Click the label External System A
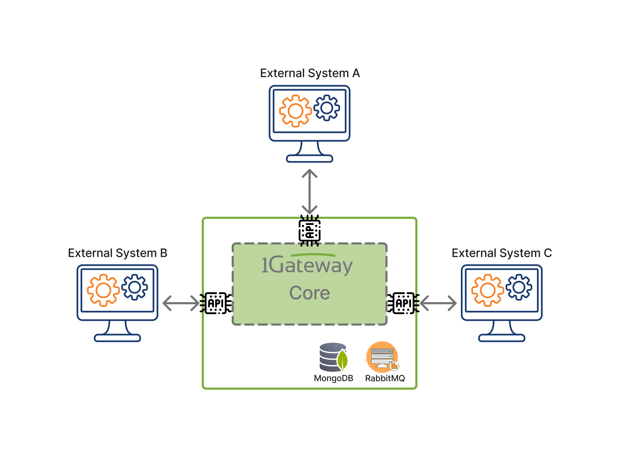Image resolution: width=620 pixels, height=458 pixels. (310, 73)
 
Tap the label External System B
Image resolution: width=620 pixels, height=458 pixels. (117, 253)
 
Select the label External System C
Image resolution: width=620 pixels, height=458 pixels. (502, 253)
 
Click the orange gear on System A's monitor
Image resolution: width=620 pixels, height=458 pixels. (295, 111)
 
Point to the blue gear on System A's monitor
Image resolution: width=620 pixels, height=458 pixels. (327, 108)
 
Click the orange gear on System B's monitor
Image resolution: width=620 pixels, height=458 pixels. (103, 290)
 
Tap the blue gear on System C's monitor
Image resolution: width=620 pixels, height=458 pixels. (519, 287)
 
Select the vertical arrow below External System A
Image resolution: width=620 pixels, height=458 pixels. (310, 191)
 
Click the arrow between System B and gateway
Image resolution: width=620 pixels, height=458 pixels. (181, 303)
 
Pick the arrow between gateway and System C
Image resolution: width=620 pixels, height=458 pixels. (438, 303)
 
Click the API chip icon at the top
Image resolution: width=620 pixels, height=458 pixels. (310, 231)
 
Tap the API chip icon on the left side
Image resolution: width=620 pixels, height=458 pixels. (217, 303)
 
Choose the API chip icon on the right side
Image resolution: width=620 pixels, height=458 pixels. (402, 303)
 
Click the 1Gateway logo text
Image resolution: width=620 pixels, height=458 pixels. (307, 265)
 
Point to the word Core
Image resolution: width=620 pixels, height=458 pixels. (310, 293)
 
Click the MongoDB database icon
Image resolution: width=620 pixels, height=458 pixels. (333, 357)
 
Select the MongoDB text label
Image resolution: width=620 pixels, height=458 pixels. (333, 378)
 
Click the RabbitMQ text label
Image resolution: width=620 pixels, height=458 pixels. (385, 378)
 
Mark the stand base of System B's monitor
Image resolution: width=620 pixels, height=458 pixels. (117, 338)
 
